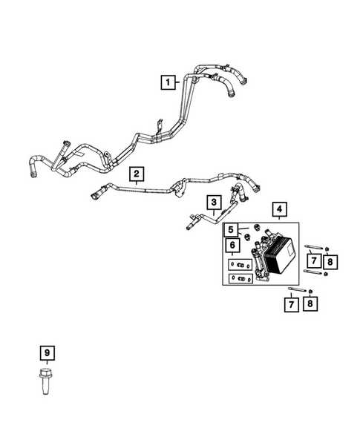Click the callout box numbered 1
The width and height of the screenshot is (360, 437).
click(x=168, y=82)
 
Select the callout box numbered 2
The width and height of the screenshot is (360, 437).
click(x=137, y=174)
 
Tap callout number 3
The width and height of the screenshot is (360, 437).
click(x=214, y=203)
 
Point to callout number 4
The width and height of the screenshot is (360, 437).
click(x=279, y=208)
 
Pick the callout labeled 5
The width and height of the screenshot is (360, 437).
click(x=231, y=230)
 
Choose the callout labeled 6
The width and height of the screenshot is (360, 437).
click(x=232, y=246)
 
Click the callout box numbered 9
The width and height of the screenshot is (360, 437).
click(x=47, y=353)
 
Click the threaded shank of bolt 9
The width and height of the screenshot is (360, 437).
click(x=45, y=387)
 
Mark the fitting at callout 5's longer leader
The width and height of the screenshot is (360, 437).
click(x=257, y=227)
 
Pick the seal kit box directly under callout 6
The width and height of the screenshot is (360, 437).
click(x=240, y=265)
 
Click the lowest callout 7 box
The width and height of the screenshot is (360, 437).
click(x=292, y=304)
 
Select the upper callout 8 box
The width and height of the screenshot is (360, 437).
click(x=330, y=262)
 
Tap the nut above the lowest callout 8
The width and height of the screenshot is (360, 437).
click(x=310, y=292)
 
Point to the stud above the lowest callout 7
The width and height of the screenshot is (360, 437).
click(x=297, y=289)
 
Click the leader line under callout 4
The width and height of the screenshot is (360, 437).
click(x=279, y=219)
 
